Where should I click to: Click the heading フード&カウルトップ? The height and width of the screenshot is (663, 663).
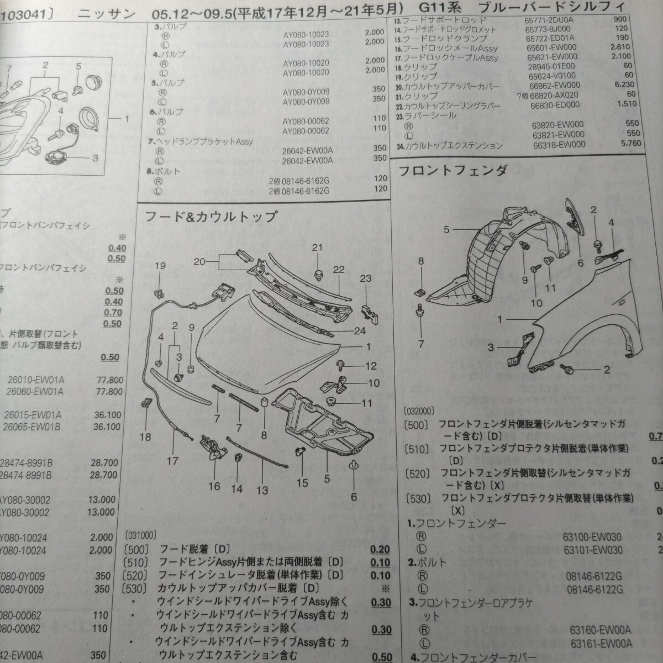[210, 217]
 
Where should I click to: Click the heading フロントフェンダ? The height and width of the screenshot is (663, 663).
[452, 170]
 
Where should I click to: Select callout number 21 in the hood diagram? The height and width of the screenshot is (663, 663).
[316, 248]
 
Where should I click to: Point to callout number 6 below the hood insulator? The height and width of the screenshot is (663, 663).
[354, 497]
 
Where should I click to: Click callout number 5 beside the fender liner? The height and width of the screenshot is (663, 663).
[446, 229]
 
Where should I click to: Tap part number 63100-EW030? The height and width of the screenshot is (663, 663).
[593, 536]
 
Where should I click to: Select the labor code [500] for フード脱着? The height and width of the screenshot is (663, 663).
[138, 550]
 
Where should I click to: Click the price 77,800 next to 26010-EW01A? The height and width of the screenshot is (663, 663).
[108, 380]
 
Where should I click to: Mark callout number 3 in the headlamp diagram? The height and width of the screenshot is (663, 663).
[95, 159]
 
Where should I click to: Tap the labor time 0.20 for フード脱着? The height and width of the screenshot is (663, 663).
[381, 550]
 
